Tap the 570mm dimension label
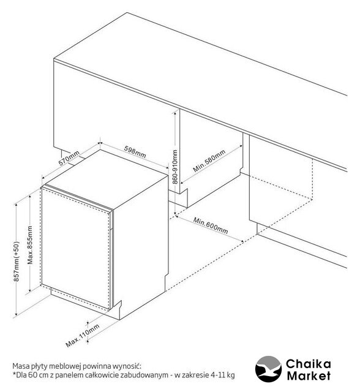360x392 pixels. click(x=69, y=158)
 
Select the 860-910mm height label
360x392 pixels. click(x=175, y=167)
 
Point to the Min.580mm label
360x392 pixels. click(x=209, y=161)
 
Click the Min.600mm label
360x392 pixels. click(x=211, y=225)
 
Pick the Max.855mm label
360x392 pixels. click(x=30, y=245)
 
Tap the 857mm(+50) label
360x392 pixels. click(x=17, y=262)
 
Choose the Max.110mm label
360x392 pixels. click(x=83, y=336)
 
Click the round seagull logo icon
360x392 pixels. click(x=268, y=369)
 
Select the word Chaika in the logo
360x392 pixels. click(x=309, y=364)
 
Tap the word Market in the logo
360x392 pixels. click(x=309, y=376)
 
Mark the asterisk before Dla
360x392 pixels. click(x=14, y=374)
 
